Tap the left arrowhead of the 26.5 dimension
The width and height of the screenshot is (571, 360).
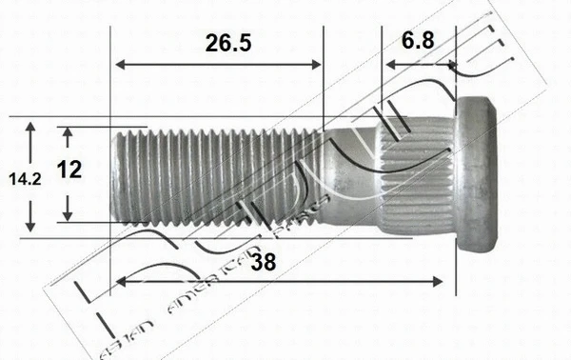tap(119, 65)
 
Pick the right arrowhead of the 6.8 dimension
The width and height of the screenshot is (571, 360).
tap(453, 65)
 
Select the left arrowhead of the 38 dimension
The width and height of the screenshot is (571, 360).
tap(119, 281)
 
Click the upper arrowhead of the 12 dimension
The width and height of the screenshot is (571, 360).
tap(69, 132)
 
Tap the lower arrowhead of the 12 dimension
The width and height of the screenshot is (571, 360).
tap(69, 214)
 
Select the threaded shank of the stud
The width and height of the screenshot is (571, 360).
tap(219, 176)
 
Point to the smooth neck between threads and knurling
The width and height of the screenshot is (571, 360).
tap(347, 176)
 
